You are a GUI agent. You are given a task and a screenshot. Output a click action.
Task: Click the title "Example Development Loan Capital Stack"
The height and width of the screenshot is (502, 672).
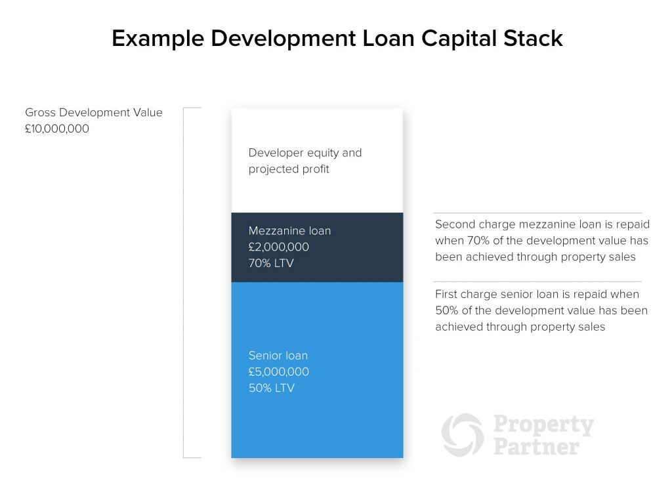click(x=337, y=38)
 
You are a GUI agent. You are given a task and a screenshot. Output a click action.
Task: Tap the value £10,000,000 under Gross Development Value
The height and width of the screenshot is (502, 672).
click(x=57, y=129)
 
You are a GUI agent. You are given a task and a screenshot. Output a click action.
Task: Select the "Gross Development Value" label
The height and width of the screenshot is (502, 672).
click(x=94, y=112)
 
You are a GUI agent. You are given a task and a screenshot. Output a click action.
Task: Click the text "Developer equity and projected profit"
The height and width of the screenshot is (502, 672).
click(x=305, y=161)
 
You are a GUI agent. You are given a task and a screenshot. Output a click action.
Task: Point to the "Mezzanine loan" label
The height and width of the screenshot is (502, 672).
click(x=289, y=231)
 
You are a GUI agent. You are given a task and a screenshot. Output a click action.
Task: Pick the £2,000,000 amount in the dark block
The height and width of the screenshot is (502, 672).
click(x=279, y=247)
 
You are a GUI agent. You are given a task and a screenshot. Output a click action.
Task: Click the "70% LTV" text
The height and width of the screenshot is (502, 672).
click(x=271, y=264)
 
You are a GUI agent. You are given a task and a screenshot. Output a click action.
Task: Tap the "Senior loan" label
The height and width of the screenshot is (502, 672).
click(x=278, y=356)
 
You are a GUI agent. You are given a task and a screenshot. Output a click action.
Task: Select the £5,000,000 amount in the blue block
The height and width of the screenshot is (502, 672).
click(x=279, y=372)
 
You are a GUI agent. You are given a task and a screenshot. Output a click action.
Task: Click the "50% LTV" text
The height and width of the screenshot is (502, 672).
click(x=271, y=388)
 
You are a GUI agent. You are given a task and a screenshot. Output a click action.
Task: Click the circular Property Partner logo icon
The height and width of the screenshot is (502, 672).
click(x=463, y=435)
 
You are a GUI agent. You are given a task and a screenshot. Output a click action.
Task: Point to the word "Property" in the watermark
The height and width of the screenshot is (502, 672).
click(x=543, y=425)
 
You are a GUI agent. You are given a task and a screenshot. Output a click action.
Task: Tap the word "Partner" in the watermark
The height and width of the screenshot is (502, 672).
click(x=536, y=448)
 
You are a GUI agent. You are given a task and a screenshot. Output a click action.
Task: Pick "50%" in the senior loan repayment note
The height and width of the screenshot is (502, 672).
click(x=447, y=310)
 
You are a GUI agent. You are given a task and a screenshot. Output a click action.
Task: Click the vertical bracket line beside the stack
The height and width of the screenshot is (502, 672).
click(x=184, y=282)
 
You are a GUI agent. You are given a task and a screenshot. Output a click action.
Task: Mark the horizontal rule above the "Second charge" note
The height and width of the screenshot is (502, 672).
click(x=537, y=213)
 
